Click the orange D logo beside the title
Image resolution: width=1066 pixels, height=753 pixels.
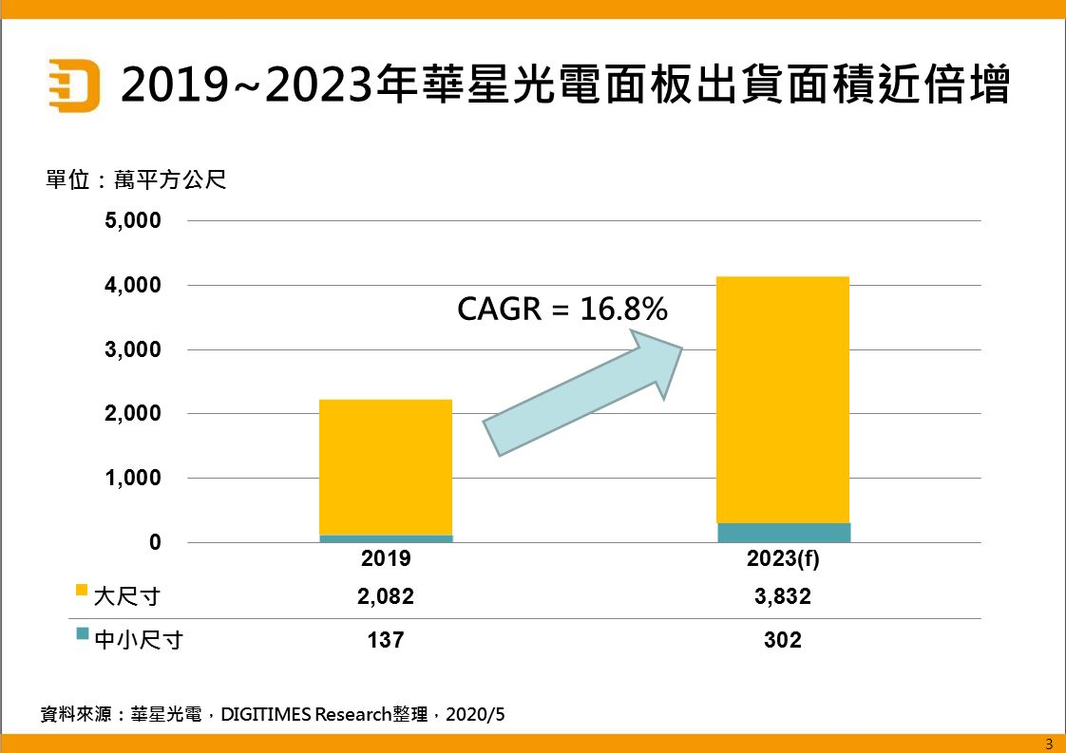[x=74, y=85]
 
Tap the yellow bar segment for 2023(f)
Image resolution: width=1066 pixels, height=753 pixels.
[x=783, y=399]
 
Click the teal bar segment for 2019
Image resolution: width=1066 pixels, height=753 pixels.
[x=386, y=538]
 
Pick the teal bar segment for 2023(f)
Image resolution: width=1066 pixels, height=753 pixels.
[x=783, y=533]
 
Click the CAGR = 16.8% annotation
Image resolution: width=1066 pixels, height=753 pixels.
[x=562, y=309]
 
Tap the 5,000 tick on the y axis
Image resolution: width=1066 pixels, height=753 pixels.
[x=132, y=221]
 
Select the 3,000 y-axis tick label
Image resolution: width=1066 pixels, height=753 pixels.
[x=132, y=349]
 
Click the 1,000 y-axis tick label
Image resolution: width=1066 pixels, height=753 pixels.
[x=132, y=478]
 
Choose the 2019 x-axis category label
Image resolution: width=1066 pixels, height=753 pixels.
[x=386, y=559]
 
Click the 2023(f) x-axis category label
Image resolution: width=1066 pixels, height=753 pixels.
[x=783, y=559]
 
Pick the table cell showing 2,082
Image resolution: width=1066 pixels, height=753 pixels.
[x=386, y=596]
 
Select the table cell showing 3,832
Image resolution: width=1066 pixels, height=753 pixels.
[x=783, y=596]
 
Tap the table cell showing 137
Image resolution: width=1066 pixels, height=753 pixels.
[x=386, y=640]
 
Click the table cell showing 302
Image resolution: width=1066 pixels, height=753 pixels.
[x=783, y=640]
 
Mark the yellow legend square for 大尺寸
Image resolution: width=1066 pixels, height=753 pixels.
[x=82, y=591]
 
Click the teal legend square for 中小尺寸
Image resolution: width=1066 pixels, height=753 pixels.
[x=82, y=634]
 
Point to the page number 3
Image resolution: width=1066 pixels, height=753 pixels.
[x=1049, y=744]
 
